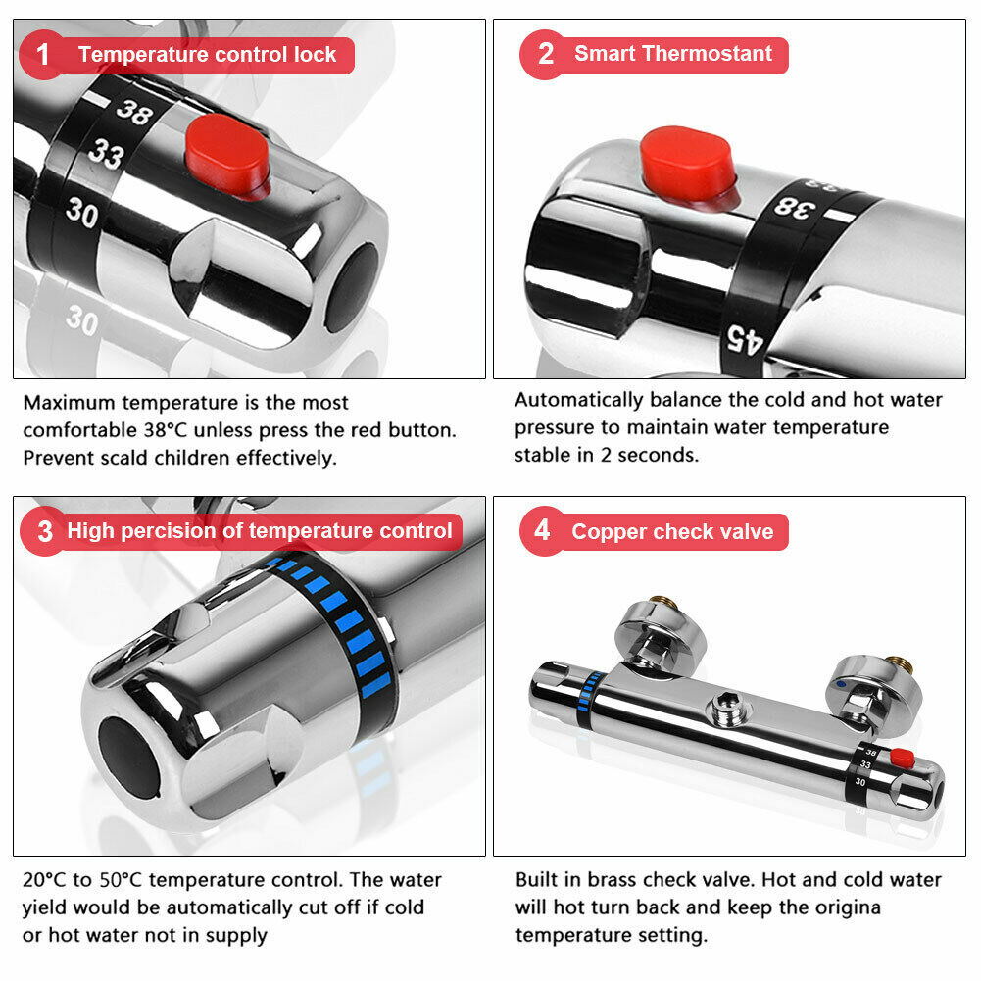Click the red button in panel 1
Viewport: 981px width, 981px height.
click(227, 155)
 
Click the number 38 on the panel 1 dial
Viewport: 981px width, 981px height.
click(134, 112)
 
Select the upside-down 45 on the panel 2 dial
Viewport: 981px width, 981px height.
click(745, 340)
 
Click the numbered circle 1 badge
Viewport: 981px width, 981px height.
click(42, 55)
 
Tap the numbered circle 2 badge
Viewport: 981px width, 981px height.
click(544, 55)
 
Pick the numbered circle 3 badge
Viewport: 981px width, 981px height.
click(44, 532)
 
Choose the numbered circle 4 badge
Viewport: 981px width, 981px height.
click(543, 531)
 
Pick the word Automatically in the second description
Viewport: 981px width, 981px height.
click(579, 401)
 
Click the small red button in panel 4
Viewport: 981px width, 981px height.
click(903, 758)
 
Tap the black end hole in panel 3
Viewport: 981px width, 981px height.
click(129, 759)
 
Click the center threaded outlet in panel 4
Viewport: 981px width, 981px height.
click(726, 707)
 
